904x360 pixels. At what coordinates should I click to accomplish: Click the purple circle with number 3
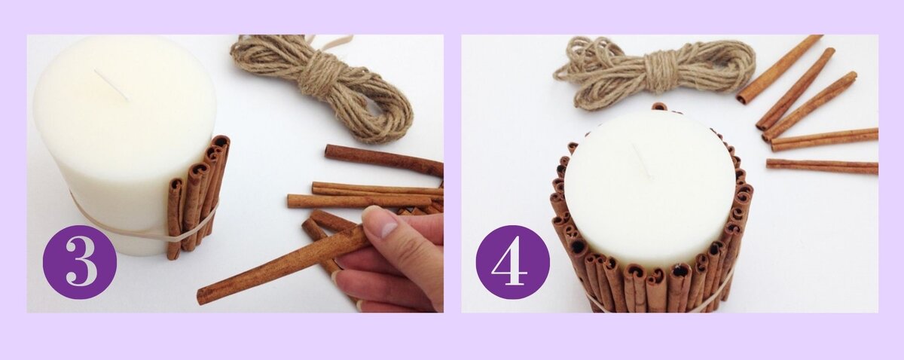[x=80, y=262]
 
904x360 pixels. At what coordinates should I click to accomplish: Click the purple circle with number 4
[x=512, y=262]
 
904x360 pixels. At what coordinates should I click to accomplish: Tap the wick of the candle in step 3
[x=111, y=85]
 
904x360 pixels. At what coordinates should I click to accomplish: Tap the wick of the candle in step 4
[x=642, y=161]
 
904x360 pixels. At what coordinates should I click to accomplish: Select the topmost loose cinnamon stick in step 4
[x=779, y=69]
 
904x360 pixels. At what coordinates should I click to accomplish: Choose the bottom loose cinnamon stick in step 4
[x=822, y=166]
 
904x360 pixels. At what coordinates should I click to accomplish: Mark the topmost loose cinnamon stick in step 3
[x=383, y=159]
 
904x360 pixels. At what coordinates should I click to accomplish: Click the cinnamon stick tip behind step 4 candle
[x=659, y=106]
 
